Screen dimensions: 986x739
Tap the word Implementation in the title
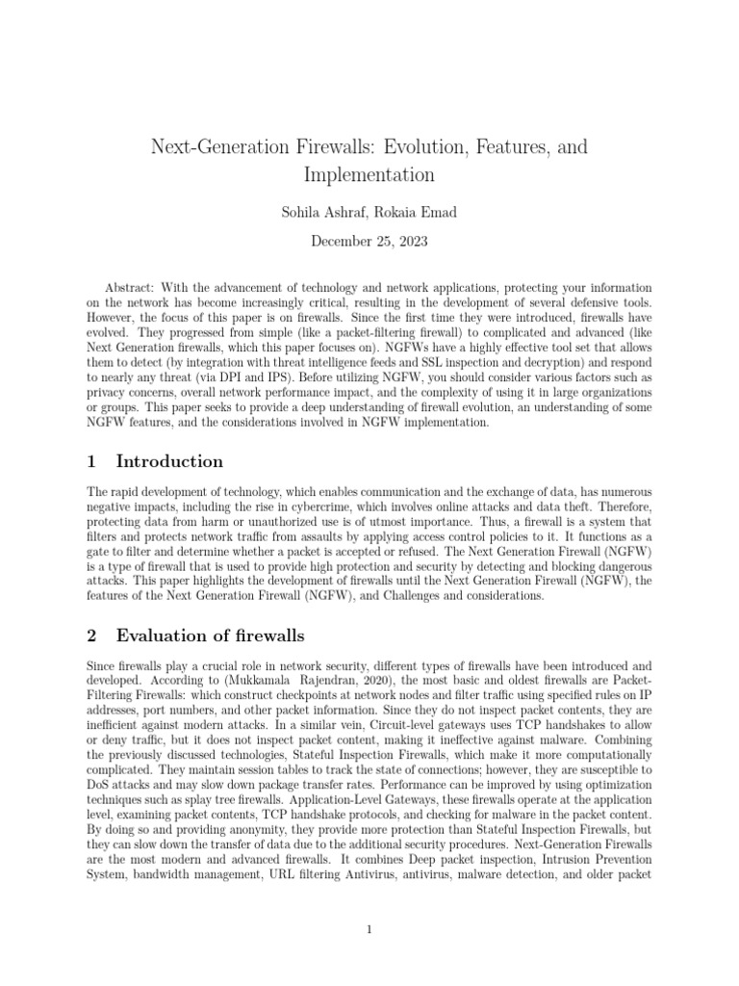click(369, 174)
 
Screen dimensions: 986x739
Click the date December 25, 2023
click(369, 240)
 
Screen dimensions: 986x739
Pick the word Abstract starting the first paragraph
click(127, 288)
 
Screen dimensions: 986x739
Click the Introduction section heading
click(169, 461)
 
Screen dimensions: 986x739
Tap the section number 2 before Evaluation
click(91, 635)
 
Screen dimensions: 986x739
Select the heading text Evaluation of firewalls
click(210, 635)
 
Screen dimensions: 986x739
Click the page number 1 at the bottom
click(369, 929)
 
